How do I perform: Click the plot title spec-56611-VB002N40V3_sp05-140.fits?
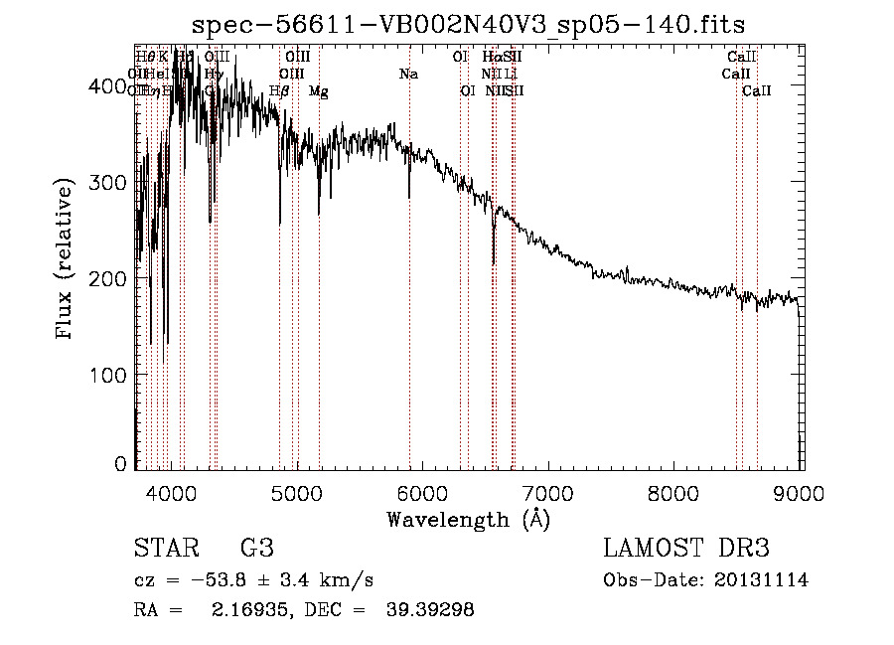point(469,24)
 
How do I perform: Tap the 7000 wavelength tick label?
point(548,492)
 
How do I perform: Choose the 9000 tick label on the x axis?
point(800,492)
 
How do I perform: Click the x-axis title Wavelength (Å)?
point(468,519)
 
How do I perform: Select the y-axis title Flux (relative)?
point(67,261)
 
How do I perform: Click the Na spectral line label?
point(408,75)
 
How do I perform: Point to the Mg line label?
point(318,91)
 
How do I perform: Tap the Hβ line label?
point(279,91)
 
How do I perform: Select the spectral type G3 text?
point(257,549)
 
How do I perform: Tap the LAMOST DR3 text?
point(686,549)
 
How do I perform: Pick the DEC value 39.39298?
point(429,610)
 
